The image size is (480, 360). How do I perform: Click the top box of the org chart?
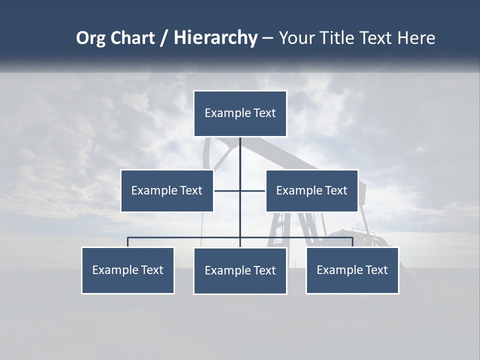[240, 113]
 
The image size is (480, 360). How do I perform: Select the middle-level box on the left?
[167, 190]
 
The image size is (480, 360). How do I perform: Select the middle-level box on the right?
[312, 190]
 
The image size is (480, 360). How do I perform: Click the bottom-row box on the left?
[128, 270]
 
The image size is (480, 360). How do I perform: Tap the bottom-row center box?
[240, 270]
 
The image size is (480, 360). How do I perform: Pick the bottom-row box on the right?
[352, 270]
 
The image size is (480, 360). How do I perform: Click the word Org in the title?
[90, 38]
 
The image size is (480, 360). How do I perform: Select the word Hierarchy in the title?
[215, 38]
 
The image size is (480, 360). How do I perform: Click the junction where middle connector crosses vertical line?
[240, 190]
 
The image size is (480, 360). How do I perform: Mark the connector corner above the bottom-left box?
[128, 237]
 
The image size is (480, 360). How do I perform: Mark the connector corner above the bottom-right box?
[352, 237]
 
